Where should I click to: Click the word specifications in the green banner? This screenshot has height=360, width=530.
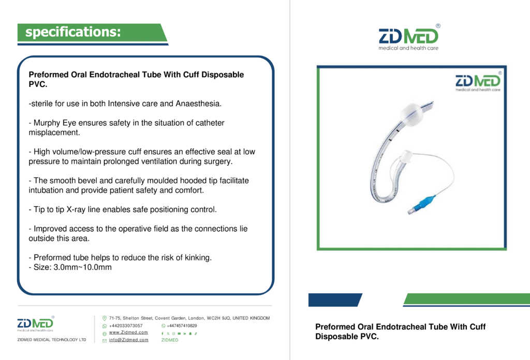(72, 32)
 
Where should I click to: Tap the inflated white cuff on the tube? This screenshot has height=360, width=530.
(412, 114)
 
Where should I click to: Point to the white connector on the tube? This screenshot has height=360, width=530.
(405, 156)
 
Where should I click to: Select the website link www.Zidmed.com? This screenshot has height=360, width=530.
(128, 333)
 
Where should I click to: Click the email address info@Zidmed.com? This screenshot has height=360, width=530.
(128, 340)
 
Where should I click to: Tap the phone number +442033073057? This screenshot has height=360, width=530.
(126, 326)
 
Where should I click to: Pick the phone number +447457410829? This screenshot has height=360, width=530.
(182, 326)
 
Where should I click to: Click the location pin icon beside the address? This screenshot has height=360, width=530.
(105, 319)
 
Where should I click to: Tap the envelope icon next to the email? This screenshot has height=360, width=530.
(105, 341)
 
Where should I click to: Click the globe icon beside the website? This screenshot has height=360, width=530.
(105, 334)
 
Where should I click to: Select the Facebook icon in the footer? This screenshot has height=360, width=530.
(163, 334)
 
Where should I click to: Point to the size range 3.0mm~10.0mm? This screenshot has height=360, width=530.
(82, 267)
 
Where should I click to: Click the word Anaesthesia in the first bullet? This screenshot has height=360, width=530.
(198, 104)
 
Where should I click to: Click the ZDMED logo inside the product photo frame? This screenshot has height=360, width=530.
(478, 82)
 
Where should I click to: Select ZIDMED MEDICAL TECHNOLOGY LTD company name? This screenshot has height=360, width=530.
(52, 340)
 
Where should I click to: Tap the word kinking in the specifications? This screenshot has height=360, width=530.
(198, 258)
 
